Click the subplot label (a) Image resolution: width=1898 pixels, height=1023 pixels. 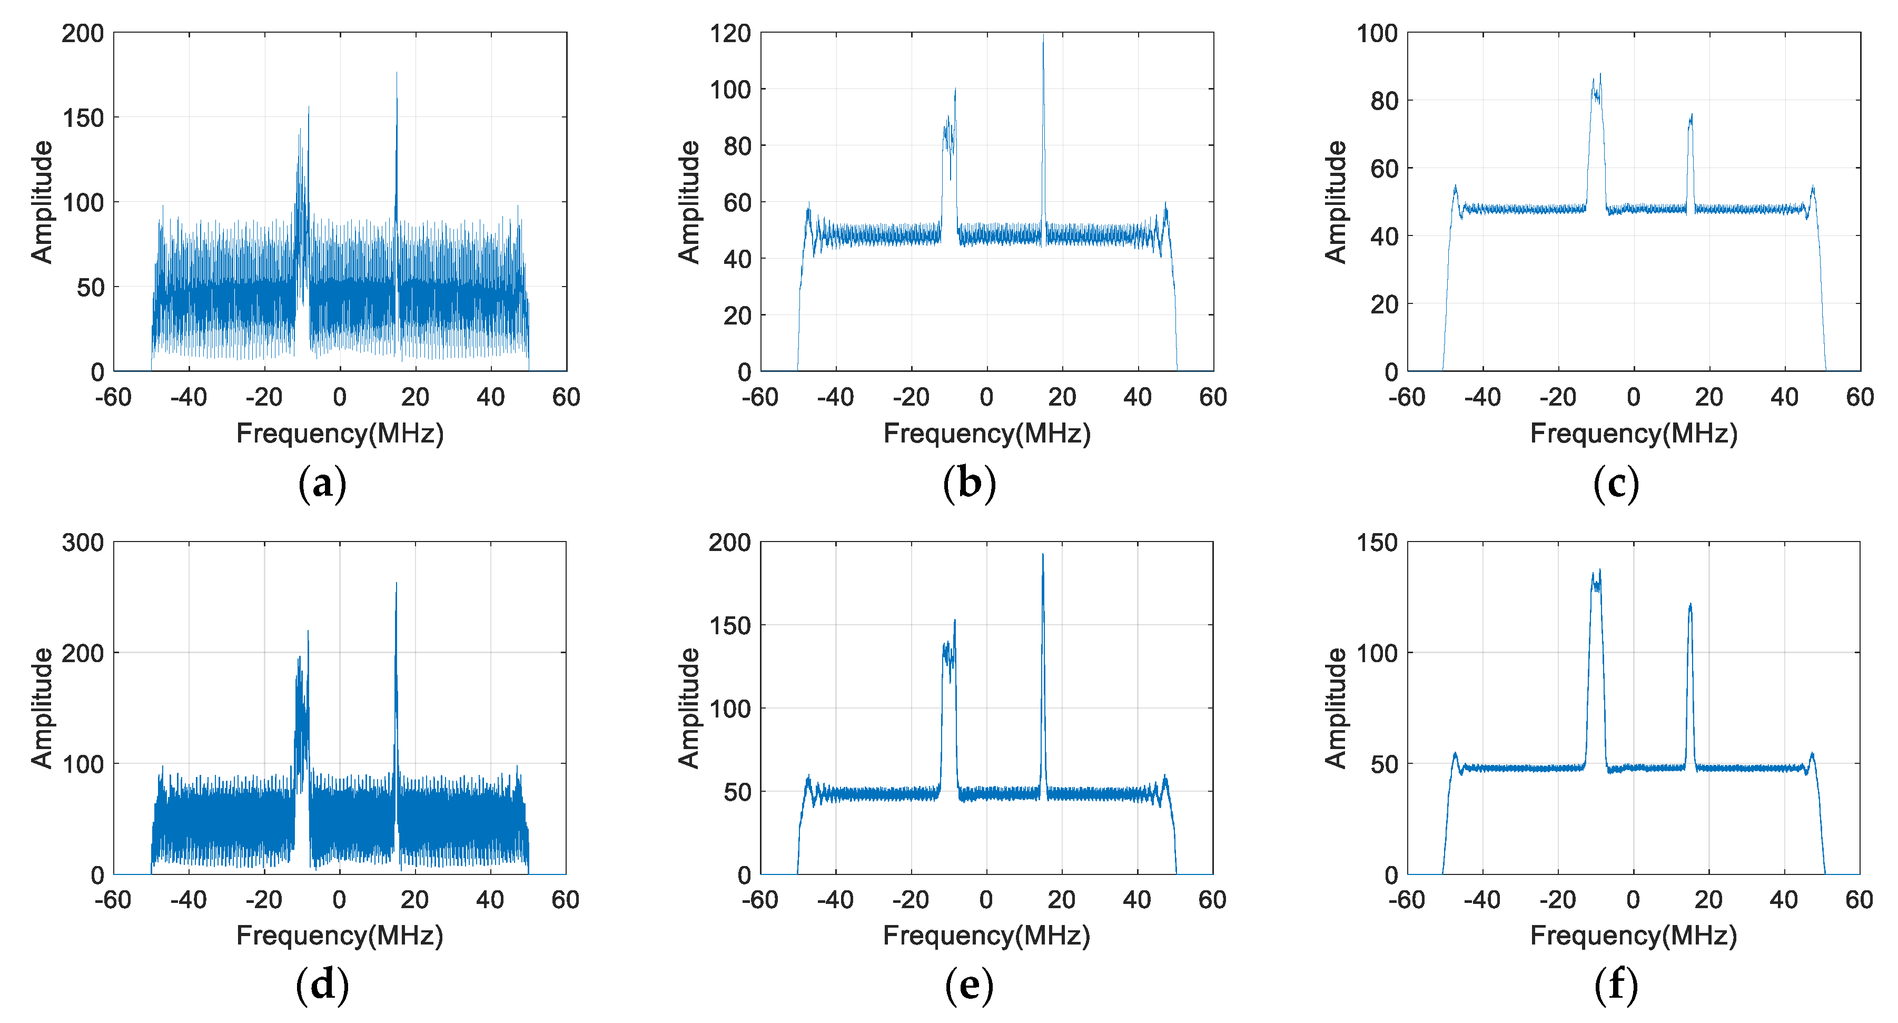pyautogui.click(x=322, y=484)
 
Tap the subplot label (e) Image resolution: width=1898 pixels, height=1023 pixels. pyautogui.click(x=969, y=986)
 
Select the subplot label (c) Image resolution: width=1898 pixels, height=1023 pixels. pyautogui.click(x=1616, y=484)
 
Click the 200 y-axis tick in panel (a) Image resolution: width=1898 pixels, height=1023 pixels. pyautogui.click(x=83, y=33)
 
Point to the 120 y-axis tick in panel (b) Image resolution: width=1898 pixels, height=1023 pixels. pyautogui.click(x=729, y=33)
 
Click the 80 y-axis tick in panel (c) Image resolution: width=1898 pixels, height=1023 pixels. pyautogui.click(x=1383, y=101)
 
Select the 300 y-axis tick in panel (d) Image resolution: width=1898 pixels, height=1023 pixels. pyautogui.click(x=83, y=543)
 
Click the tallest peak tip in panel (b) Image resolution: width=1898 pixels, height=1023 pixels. pyautogui.click(x=1043, y=35)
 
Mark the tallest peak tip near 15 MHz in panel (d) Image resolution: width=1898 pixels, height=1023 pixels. pyautogui.click(x=397, y=584)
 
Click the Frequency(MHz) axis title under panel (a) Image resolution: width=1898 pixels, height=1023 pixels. pyautogui.click(x=340, y=434)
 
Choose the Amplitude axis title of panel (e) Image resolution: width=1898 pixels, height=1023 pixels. pyautogui.click(x=688, y=709)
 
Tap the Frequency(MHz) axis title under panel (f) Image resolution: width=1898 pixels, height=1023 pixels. pyautogui.click(x=1634, y=936)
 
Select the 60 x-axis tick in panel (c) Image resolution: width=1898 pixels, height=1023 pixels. pyautogui.click(x=1860, y=397)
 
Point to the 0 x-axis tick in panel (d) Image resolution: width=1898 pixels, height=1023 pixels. pyautogui.click(x=339, y=899)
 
